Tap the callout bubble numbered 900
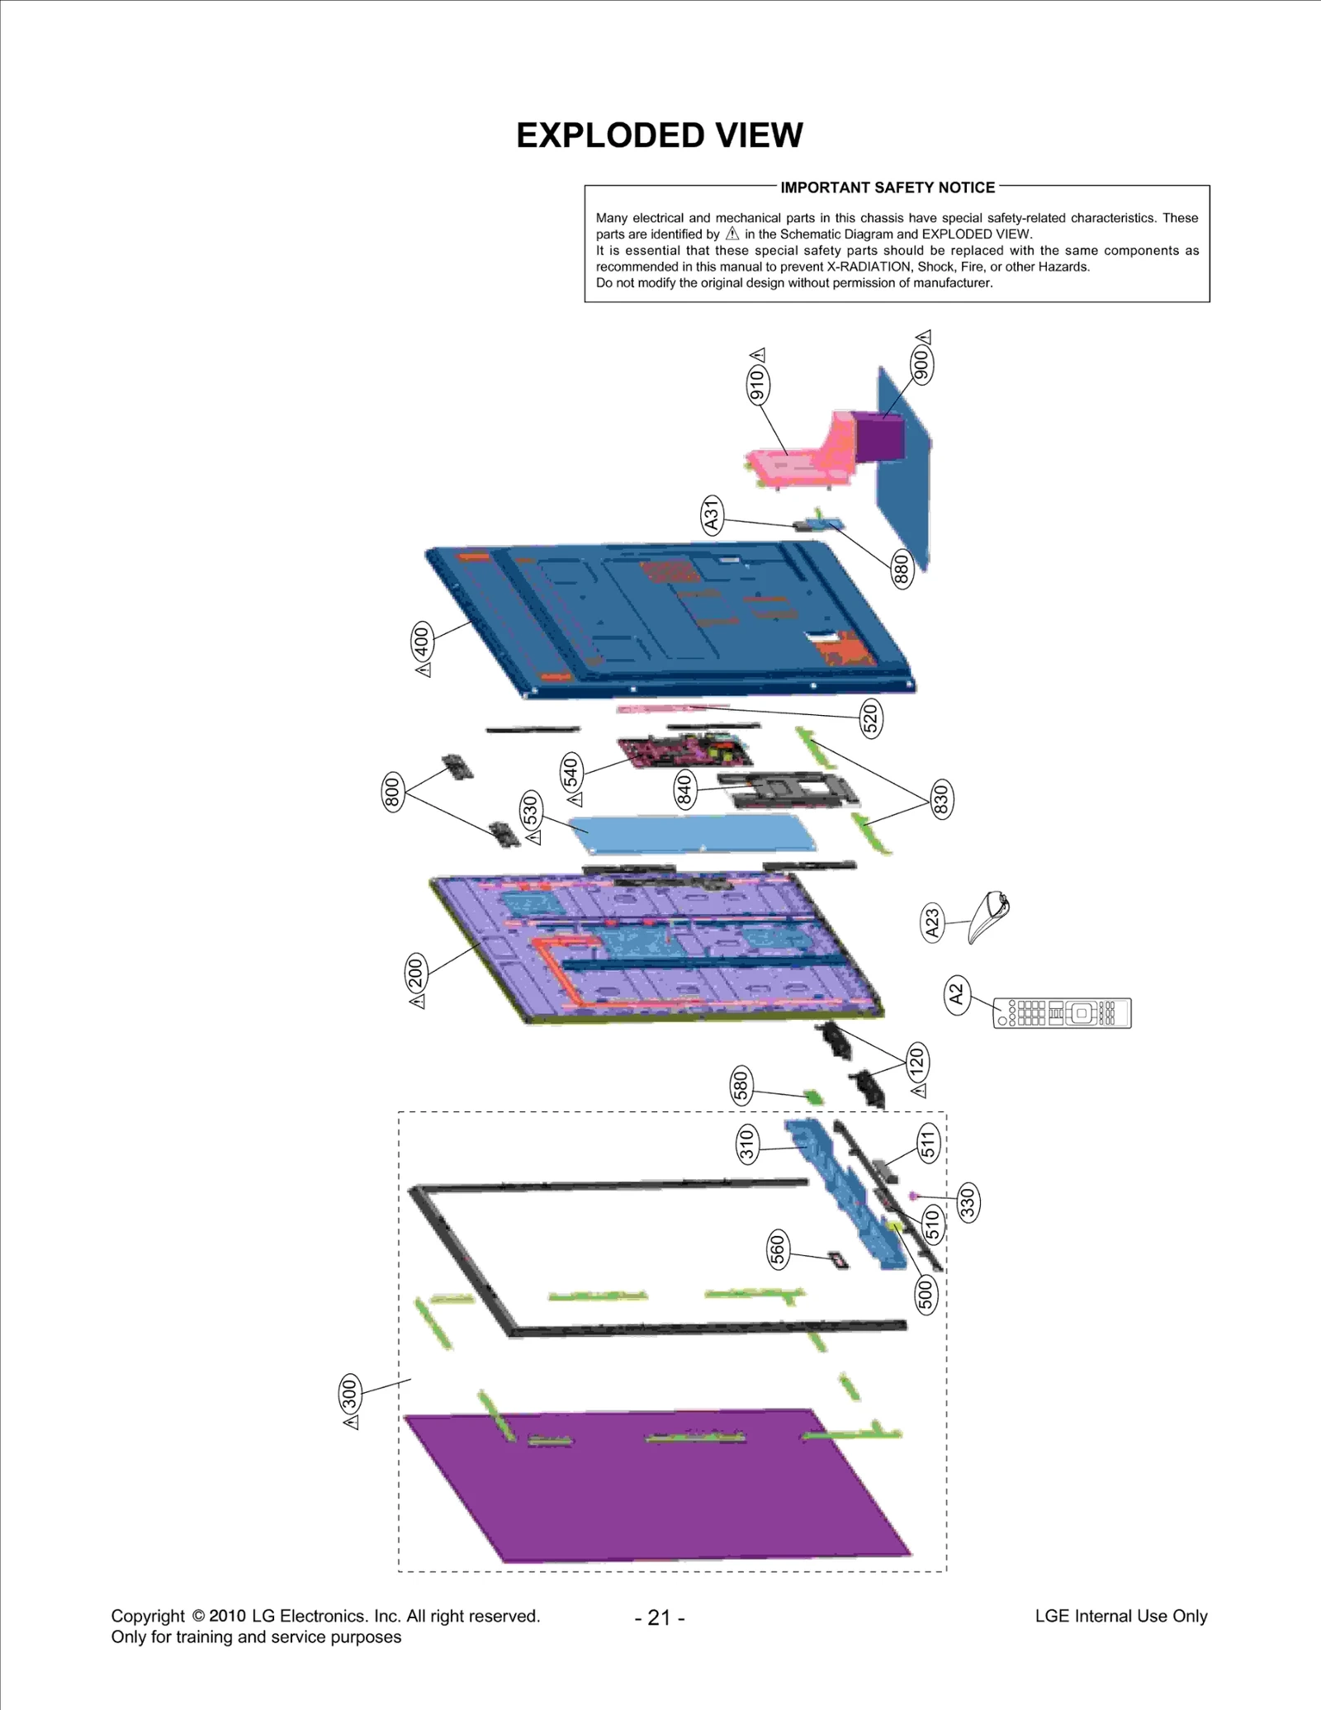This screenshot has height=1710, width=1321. point(922,364)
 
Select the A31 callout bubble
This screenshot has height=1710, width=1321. point(711,515)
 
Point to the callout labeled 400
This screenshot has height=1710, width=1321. point(422,641)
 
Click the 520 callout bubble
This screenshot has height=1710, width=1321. point(870,718)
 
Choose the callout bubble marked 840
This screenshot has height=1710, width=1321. point(684,789)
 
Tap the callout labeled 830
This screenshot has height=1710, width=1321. point(940,798)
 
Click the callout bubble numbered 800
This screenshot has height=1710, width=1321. point(393,793)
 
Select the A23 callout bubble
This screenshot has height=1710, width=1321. point(932,922)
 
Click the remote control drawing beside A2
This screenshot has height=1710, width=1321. point(1062,1013)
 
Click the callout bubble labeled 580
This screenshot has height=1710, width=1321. point(741,1086)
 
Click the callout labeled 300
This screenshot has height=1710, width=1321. point(350,1395)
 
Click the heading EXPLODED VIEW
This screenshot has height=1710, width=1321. point(659,135)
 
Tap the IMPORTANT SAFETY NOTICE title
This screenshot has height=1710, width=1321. point(888,187)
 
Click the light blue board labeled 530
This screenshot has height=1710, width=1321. point(694,834)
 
